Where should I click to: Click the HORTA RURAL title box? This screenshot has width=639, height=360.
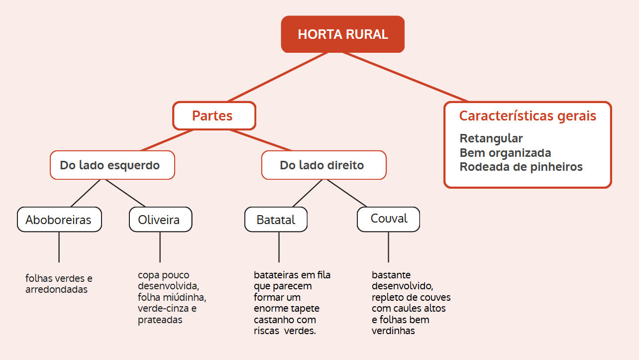(x=342, y=34)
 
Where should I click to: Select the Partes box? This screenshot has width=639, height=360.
(x=214, y=116)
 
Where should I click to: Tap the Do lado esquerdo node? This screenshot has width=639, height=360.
(x=112, y=165)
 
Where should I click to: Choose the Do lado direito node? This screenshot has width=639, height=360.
(x=323, y=165)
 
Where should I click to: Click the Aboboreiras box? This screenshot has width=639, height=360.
(x=59, y=220)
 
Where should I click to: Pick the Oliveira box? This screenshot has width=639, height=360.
(x=160, y=220)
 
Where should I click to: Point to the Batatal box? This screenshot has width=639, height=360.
(x=276, y=220)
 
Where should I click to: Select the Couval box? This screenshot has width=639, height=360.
(x=388, y=219)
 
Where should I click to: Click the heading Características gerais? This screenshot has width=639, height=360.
(x=528, y=116)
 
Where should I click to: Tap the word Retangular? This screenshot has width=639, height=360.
(x=491, y=138)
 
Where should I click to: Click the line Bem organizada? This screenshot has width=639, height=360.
(x=505, y=153)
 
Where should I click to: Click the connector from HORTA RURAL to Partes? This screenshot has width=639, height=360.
(x=278, y=77)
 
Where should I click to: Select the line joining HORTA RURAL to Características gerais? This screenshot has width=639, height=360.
(x=406, y=77)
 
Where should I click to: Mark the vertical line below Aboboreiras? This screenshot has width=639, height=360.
(x=59, y=247)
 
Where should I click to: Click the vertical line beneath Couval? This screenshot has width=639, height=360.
(x=388, y=247)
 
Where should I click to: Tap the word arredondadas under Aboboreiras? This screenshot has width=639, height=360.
(x=56, y=289)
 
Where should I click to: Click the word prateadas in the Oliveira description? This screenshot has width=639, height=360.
(x=160, y=320)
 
